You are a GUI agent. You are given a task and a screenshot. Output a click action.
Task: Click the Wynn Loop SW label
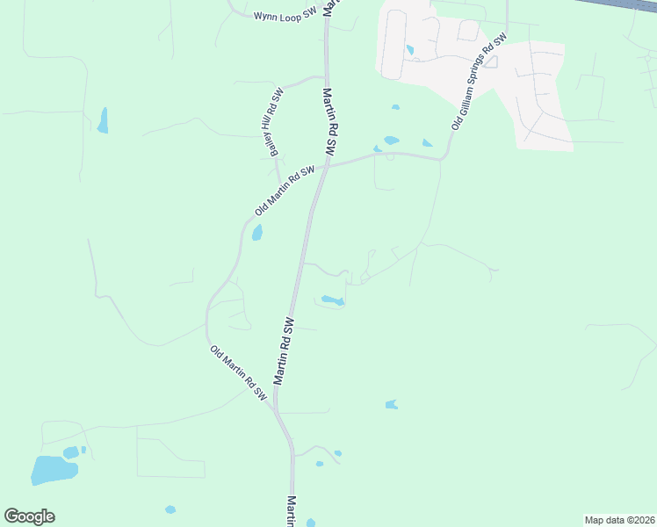pyautogui.click(x=285, y=16)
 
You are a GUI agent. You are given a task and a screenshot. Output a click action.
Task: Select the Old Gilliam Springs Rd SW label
pyautogui.click(x=480, y=83)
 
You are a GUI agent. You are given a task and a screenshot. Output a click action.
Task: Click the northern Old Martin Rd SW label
pyautogui.click(x=284, y=191)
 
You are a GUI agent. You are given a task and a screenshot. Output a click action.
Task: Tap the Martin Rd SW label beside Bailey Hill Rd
pyautogui.click(x=335, y=122)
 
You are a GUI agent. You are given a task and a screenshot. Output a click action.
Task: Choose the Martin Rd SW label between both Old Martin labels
pyautogui.click(x=284, y=350)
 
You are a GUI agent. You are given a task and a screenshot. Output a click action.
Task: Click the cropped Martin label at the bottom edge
pyautogui.click(x=292, y=511)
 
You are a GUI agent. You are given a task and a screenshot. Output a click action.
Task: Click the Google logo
pyautogui.click(x=29, y=516)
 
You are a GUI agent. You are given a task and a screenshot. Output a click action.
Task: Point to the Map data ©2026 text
pyautogui.click(x=618, y=519)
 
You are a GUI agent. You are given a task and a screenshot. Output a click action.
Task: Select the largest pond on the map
pyautogui.click(x=54, y=470)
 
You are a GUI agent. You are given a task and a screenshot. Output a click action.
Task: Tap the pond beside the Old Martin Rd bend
pyautogui.click(x=257, y=233)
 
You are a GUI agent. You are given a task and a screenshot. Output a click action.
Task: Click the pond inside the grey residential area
pyautogui.click(x=409, y=50)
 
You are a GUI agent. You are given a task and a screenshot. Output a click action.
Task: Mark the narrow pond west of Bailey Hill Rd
pyautogui.click(x=103, y=120)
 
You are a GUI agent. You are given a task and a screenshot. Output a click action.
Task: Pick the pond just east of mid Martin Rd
pyautogui.click(x=332, y=300)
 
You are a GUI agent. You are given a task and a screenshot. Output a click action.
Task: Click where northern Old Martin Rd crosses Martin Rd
pyautogui.click(x=326, y=166)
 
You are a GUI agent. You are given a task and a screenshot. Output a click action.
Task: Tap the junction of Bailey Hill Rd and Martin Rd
pyautogui.click(x=326, y=76)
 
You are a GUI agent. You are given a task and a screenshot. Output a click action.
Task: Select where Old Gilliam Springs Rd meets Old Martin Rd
pyautogui.click(x=443, y=159)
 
